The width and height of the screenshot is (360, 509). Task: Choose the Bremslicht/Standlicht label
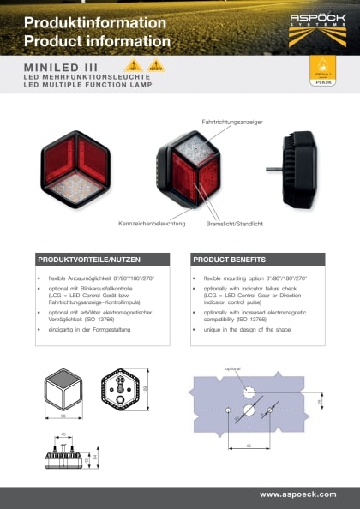click(234, 224)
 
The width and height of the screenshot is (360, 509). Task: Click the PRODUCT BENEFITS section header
click(228, 259)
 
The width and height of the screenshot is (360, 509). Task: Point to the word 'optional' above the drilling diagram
click(233, 369)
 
